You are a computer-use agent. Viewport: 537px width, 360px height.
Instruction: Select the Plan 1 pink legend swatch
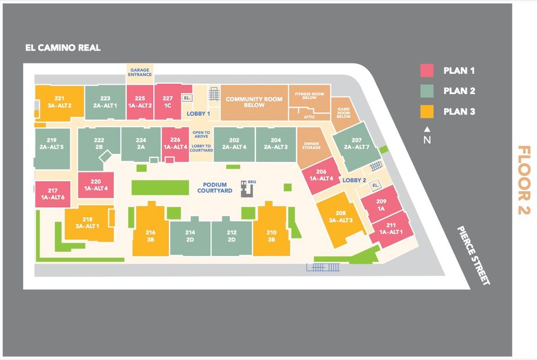tap(427, 71)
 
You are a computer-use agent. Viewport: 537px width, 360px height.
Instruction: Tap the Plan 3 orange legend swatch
tap(427, 111)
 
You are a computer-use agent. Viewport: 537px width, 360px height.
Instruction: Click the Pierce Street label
tap(473, 255)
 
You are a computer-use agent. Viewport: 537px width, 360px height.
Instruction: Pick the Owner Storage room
tap(312, 146)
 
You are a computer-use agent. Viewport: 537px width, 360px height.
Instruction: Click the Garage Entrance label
tap(140, 72)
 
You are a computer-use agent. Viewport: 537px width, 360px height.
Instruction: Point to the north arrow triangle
tap(427, 128)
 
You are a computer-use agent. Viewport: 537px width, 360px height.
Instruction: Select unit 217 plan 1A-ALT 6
tap(53, 194)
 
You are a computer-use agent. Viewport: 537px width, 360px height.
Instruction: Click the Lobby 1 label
tap(198, 114)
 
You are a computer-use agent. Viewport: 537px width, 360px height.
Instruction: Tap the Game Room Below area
tap(343, 113)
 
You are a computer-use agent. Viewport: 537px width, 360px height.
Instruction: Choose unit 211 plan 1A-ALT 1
tap(391, 228)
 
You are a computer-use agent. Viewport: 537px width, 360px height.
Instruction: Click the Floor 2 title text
tap(524, 180)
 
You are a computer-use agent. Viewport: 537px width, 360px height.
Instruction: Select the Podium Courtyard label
tap(214, 187)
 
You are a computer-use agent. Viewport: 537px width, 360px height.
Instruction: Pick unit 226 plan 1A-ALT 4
tap(175, 143)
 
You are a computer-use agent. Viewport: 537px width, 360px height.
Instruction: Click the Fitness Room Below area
tap(309, 96)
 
